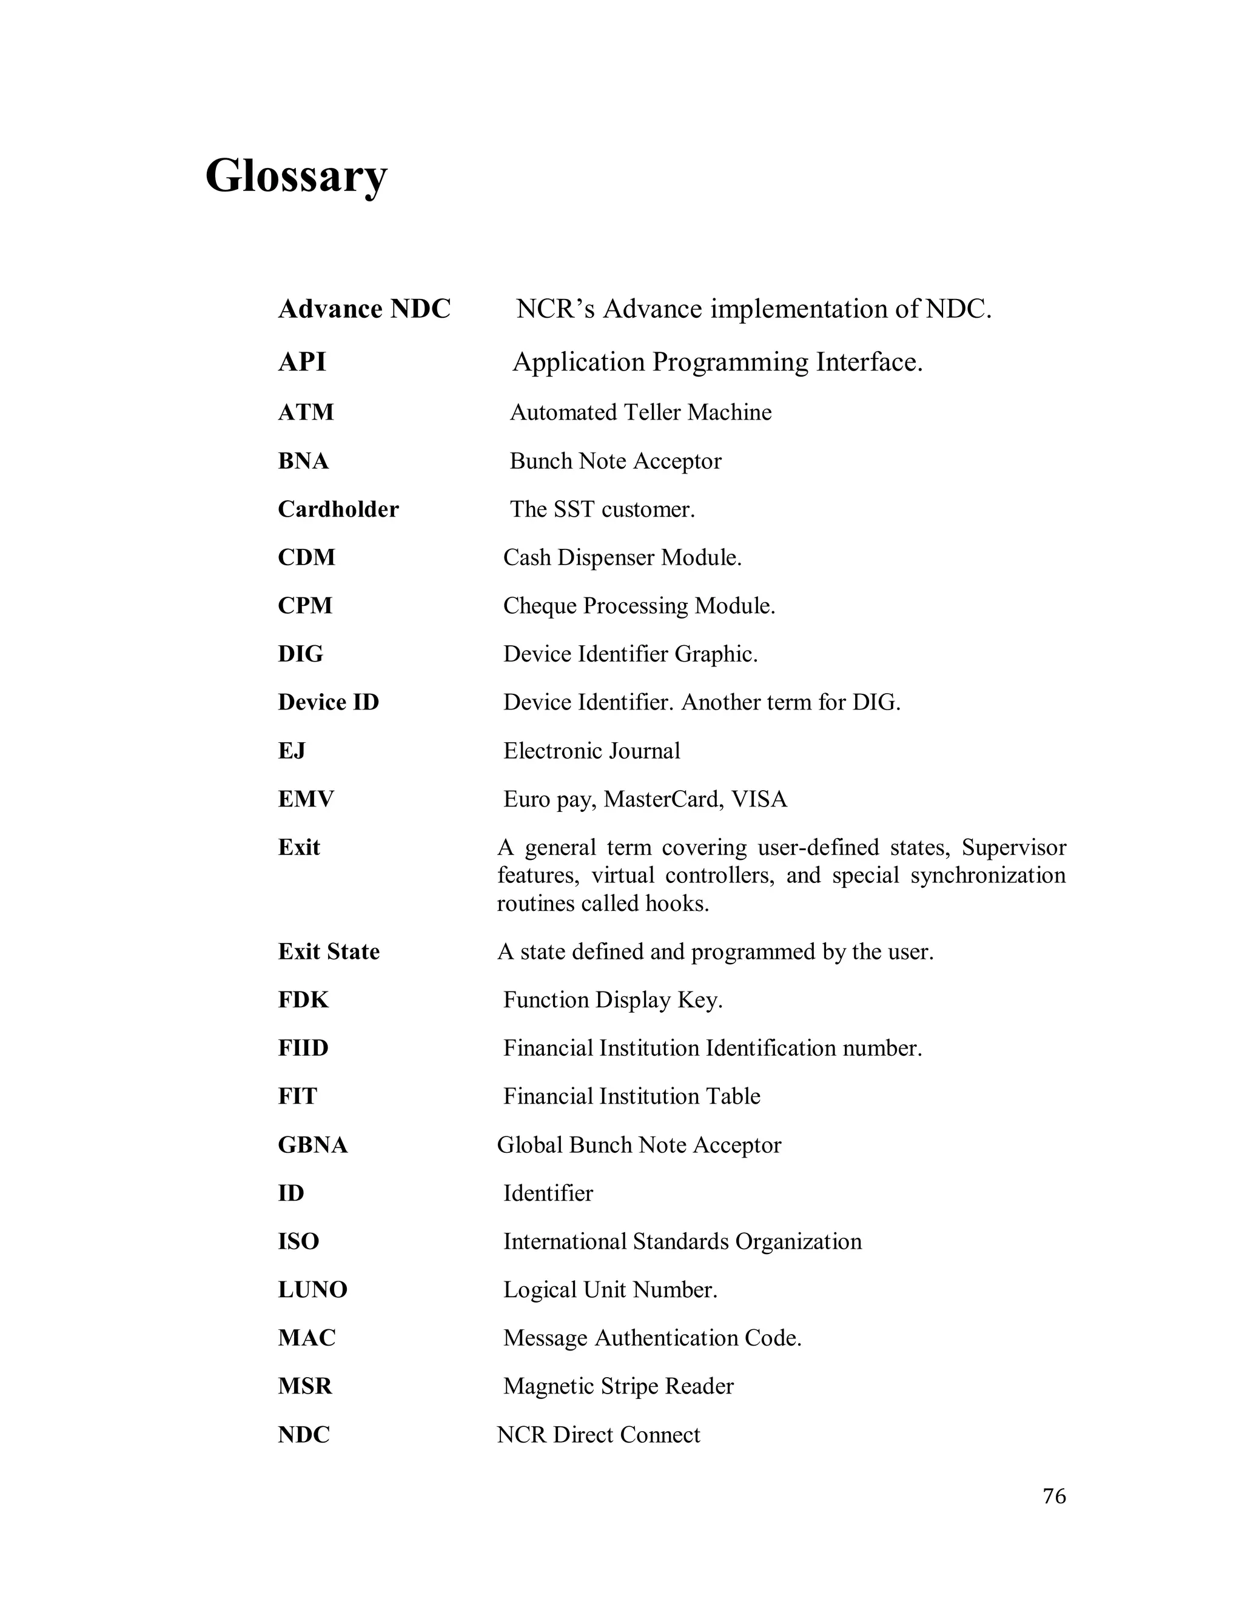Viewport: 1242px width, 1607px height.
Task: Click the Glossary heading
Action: point(296,176)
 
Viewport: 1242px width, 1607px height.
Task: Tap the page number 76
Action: point(1053,1496)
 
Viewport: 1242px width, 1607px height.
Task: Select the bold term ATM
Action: point(306,412)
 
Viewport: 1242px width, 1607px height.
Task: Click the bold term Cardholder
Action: point(338,509)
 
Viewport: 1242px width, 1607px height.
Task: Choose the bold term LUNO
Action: point(312,1289)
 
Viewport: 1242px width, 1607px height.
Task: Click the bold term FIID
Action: point(303,1048)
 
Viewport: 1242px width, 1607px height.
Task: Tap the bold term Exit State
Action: point(328,951)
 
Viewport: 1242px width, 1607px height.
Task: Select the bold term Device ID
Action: point(328,702)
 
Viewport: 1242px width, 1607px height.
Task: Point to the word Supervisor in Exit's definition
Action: point(1013,848)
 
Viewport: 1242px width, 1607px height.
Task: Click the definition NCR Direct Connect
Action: point(598,1435)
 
